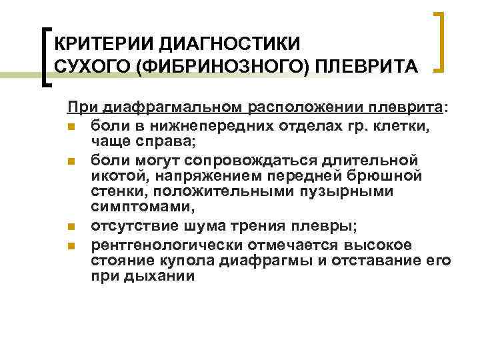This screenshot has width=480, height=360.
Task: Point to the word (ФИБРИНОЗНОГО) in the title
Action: pos(220,67)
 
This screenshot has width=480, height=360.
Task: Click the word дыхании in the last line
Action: pos(159,275)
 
